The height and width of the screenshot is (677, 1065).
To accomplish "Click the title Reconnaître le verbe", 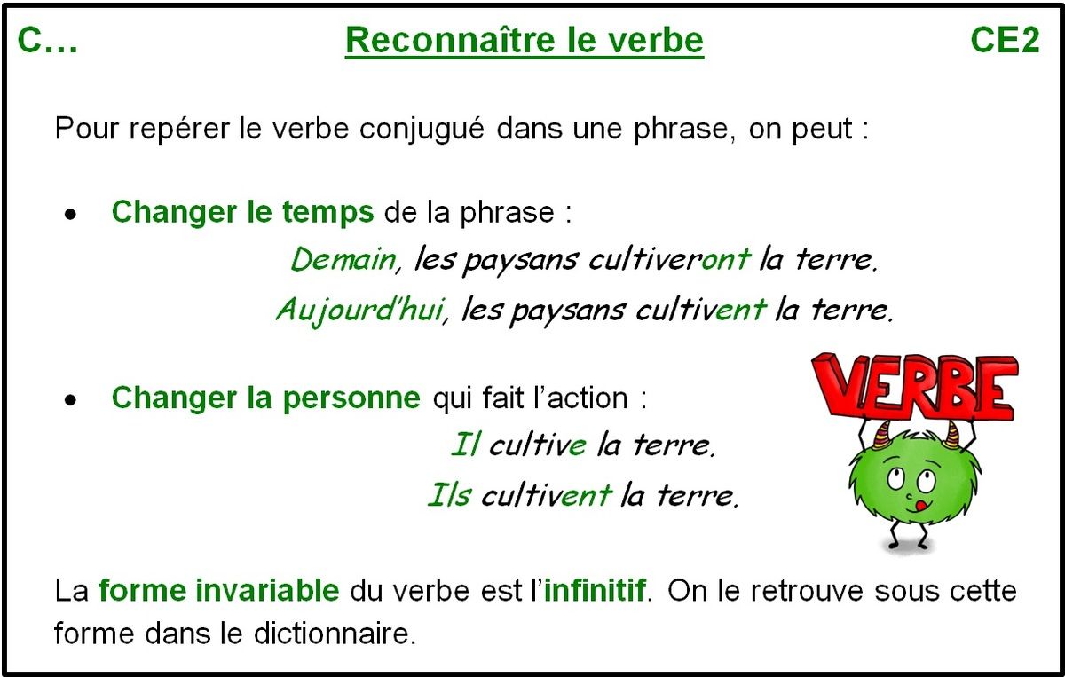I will (x=524, y=41).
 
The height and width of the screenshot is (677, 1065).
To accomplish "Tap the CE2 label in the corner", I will (x=1005, y=41).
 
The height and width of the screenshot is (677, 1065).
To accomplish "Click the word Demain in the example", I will (x=343, y=259).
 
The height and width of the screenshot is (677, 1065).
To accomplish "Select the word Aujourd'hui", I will (x=358, y=311).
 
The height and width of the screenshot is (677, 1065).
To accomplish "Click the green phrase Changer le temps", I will (x=242, y=213).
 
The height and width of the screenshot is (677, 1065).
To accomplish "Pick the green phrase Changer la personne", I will (x=265, y=398).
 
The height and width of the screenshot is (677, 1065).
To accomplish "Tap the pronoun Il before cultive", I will (x=465, y=445).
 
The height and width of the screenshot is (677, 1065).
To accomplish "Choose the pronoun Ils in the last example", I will (x=449, y=494).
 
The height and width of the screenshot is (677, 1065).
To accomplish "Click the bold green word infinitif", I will (x=595, y=590).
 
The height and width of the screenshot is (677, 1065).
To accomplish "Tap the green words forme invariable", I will (x=218, y=590).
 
